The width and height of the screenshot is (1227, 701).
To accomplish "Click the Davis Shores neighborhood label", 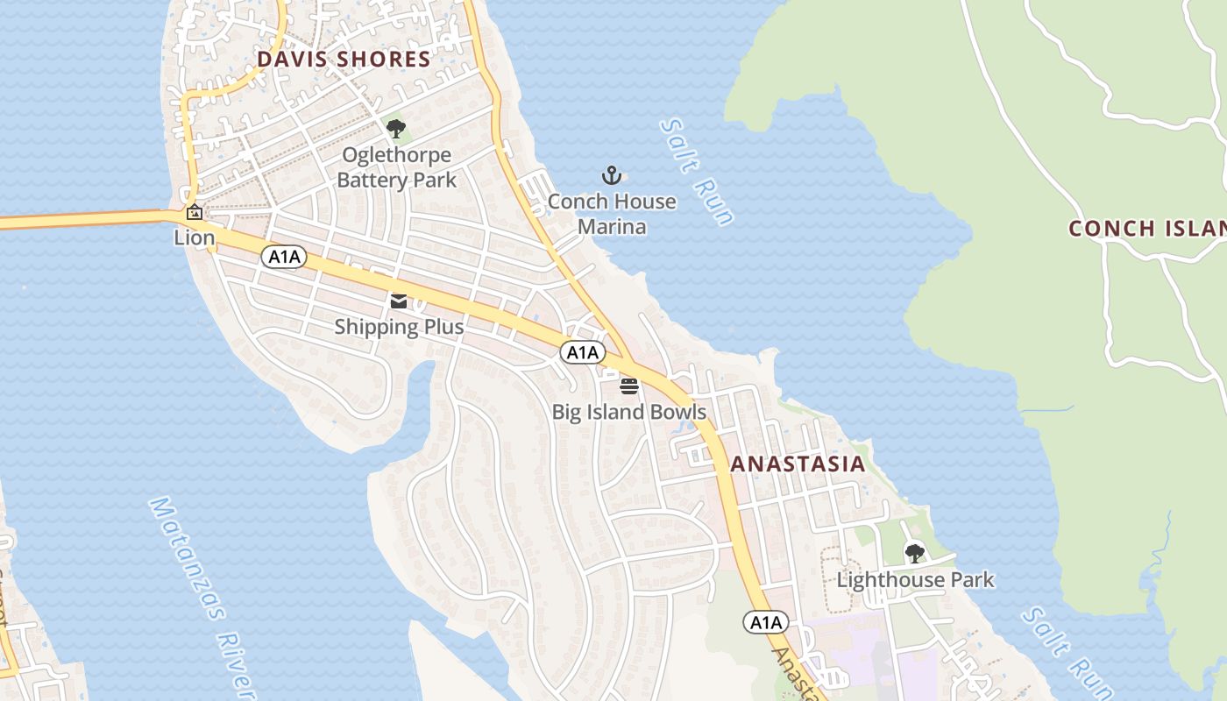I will click(344, 60).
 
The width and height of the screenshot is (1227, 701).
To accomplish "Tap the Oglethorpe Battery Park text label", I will click(397, 167).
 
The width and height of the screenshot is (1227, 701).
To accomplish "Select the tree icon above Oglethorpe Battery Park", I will click(396, 129).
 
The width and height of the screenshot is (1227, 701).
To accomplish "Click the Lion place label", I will click(195, 237).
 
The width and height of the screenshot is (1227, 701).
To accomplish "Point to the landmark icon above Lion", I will click(195, 212).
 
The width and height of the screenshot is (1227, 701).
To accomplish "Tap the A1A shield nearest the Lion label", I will click(284, 257).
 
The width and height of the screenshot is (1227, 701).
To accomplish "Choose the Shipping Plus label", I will click(399, 327).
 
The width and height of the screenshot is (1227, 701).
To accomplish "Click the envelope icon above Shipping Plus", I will click(399, 301).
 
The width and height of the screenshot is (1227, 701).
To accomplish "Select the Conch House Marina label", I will click(612, 214).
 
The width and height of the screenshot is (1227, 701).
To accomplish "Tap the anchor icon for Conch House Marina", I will click(612, 175).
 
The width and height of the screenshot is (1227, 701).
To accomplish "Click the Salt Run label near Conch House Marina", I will click(698, 172).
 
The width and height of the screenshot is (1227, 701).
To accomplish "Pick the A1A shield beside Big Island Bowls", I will click(582, 352).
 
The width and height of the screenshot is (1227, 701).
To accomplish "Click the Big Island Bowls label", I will click(629, 412).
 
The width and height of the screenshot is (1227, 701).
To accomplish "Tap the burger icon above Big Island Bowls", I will click(629, 386).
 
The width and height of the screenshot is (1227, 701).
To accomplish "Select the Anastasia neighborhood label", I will click(798, 464).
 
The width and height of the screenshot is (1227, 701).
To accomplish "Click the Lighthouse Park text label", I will click(916, 580).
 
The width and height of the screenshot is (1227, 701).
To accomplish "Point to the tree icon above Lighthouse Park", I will click(915, 553).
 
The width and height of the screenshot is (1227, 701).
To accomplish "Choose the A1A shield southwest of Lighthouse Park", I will click(766, 622).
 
